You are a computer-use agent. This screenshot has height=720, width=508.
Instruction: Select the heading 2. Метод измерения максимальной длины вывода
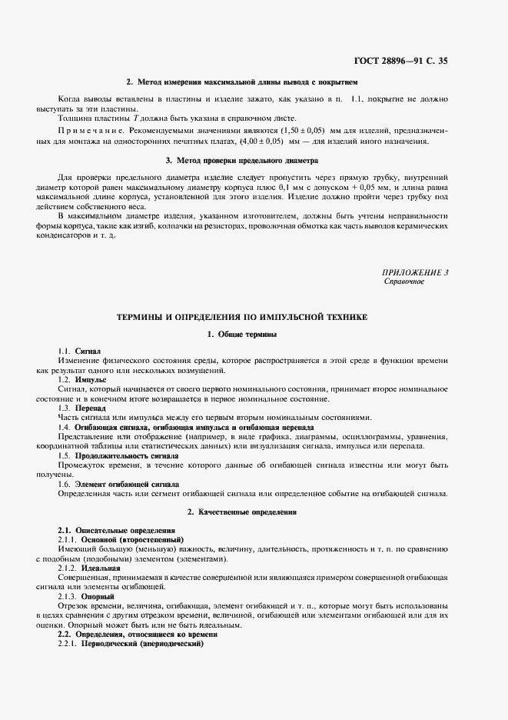[x=242, y=82]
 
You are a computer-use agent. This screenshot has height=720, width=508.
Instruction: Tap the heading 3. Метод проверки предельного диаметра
[x=241, y=161]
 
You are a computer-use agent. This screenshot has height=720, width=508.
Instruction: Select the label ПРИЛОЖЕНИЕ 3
[x=415, y=272]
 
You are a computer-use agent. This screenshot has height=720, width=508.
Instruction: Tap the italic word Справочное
[x=403, y=282]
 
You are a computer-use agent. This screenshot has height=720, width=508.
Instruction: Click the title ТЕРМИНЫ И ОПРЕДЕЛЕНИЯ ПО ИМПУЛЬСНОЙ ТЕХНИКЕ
[x=242, y=316]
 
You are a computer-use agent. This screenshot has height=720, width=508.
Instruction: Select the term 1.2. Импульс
[x=82, y=380]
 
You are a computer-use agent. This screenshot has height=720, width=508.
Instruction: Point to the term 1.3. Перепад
[x=82, y=408]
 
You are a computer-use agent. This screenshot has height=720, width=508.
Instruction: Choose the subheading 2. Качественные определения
[x=242, y=512]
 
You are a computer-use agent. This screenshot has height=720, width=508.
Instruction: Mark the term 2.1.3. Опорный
[x=86, y=596]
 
